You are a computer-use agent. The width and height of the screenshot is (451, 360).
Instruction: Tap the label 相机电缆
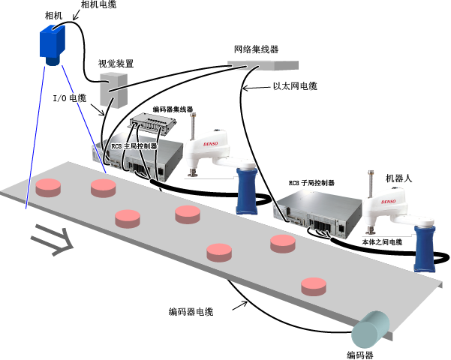coord(98,4)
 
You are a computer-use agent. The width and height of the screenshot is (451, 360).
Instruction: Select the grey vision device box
coord(113,90)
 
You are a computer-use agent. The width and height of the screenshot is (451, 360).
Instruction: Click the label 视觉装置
coord(116,64)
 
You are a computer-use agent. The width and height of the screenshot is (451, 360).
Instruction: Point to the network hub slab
coord(263,65)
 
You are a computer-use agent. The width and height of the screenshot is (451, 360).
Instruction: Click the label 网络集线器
coord(257,49)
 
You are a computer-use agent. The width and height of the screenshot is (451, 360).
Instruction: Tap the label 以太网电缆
coord(295,86)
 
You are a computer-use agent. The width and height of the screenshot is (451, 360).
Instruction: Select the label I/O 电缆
coord(70,98)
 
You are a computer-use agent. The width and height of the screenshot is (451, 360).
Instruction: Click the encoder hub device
coord(153,123)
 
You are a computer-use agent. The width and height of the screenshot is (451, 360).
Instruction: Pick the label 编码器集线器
coord(173,109)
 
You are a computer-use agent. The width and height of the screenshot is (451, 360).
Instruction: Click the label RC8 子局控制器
coord(311,183)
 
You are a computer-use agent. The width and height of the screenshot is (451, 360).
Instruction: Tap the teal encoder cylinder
coord(371,329)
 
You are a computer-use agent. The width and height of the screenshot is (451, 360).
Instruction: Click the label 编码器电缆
coord(191,312)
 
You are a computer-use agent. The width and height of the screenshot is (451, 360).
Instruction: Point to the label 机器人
coord(398,178)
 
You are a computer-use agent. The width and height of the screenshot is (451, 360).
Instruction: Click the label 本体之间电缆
coord(382,242)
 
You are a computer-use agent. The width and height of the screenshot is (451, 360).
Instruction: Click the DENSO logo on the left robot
coord(211,144)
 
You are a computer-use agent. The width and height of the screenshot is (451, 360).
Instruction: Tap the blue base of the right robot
coord(425,249)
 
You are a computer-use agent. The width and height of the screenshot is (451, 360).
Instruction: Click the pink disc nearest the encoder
coord(314,286)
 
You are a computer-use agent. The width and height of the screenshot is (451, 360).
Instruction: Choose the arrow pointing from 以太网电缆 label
coord(257,88)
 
